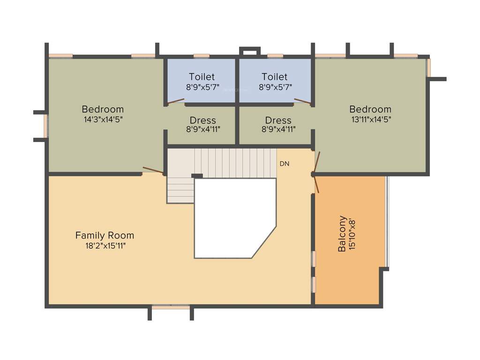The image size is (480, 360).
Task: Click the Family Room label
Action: pos(105,235)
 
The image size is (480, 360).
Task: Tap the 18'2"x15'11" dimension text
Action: pos(105,245)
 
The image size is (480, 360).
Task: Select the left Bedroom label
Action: pos(103,109)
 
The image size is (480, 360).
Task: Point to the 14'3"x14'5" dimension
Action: pos(103,119)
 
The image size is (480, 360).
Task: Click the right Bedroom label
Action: pos(370,109)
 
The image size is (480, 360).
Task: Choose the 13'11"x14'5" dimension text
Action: pos(370,119)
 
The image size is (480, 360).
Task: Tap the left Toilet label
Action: pos(202,76)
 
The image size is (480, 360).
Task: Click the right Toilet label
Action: pos(275,76)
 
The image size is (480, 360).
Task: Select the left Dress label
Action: pos(203,120)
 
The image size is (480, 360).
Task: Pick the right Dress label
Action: pos(278,120)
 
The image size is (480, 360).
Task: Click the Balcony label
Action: pos(342,233)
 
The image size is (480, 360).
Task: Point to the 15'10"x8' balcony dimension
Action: pos(352,233)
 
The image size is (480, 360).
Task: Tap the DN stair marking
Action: pos(284,164)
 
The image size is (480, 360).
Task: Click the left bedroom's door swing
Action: pos(153,170)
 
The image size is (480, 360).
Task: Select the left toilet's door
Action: pos(176,101)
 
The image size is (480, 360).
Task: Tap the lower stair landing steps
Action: pos(180,191)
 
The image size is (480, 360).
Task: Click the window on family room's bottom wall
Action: pos(171,307)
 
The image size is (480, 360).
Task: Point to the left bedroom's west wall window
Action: pos(46,126)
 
